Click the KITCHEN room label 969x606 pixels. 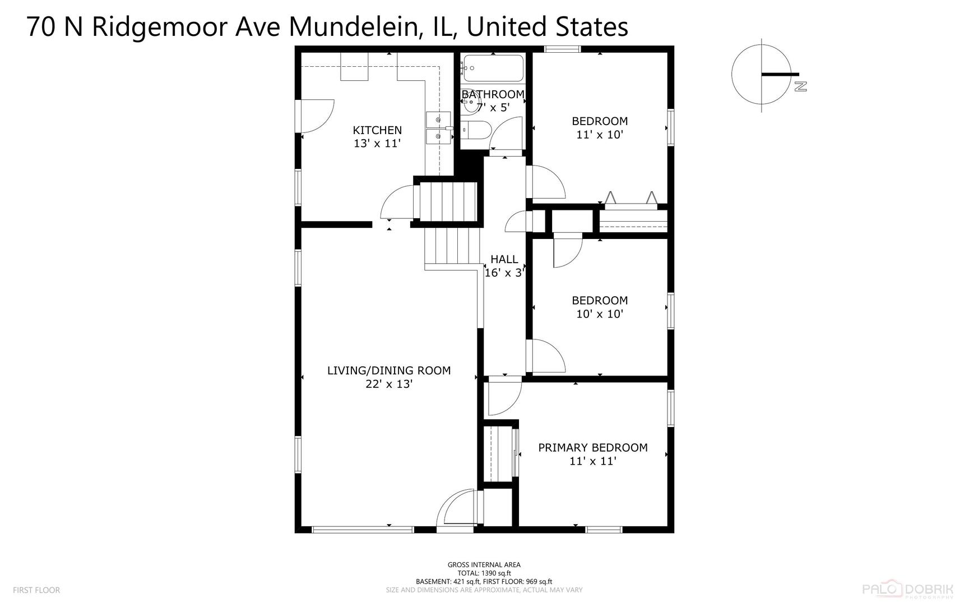click(377, 130)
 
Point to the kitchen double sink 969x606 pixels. click(438, 128)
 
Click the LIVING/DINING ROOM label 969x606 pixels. click(389, 370)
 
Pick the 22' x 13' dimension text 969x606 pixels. click(389, 384)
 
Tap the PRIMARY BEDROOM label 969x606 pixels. click(593, 448)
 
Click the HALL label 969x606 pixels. click(504, 259)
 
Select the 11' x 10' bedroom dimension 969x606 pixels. click(600, 135)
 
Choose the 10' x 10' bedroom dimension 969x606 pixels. click(600, 314)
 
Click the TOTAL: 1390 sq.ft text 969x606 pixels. click(484, 573)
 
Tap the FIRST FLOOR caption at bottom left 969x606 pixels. click(36, 590)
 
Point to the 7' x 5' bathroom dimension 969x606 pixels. click(493, 107)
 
